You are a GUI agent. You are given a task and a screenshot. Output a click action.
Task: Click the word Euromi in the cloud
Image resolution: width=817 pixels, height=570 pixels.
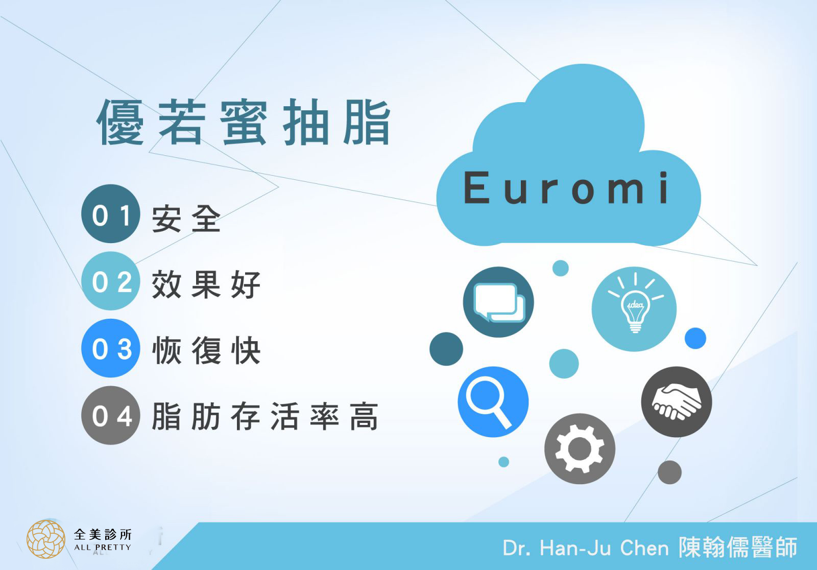tap(566, 187)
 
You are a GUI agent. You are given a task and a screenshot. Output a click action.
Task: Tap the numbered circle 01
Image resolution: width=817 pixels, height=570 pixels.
tap(110, 214)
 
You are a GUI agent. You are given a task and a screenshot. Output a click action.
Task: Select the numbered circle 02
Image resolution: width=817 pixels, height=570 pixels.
tap(110, 281)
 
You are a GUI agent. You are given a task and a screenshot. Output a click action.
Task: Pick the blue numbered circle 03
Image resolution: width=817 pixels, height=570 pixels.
tap(110, 348)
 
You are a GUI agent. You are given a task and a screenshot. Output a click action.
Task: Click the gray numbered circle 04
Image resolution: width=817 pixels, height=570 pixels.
tap(110, 415)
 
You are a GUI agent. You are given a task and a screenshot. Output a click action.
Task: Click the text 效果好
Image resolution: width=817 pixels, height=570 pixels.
tap(206, 284)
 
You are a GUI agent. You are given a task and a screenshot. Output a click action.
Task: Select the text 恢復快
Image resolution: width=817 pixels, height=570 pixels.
tap(206, 351)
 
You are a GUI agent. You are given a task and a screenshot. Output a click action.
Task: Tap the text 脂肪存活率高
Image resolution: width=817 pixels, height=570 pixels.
tap(265, 416)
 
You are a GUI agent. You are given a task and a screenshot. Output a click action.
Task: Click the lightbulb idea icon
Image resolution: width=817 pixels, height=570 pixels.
tap(634, 309)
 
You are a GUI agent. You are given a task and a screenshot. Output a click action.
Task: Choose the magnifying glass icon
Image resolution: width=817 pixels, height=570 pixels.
tap(493, 402)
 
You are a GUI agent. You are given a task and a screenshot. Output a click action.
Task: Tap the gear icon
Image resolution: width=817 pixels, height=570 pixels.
tap(580, 449)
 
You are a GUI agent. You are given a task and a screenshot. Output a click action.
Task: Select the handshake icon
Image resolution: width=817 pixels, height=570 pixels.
tap(677, 402)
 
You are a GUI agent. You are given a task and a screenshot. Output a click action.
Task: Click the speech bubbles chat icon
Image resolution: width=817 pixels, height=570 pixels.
tap(498, 302)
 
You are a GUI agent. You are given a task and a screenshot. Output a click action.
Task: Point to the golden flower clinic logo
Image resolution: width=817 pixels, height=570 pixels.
tap(46, 539)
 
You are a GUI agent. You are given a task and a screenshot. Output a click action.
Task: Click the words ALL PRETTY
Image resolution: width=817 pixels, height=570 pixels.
tap(103, 548)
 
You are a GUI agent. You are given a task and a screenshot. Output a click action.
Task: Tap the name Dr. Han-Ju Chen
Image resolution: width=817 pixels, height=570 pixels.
tap(586, 548)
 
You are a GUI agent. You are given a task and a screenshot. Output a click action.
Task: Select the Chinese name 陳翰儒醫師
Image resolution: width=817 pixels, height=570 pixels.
tap(738, 547)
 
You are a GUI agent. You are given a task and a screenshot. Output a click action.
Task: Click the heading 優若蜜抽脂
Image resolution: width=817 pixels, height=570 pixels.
tap(244, 122)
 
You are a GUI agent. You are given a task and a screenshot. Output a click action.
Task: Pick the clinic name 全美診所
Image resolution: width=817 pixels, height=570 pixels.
tap(103, 535)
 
